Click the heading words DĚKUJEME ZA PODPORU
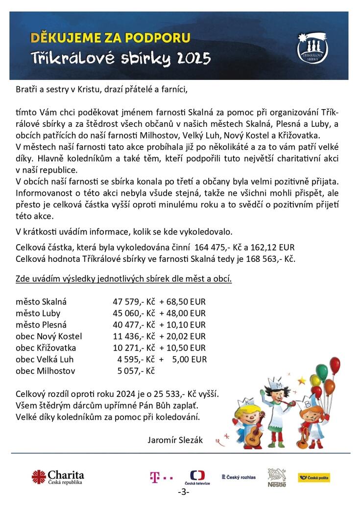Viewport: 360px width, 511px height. click(110, 37)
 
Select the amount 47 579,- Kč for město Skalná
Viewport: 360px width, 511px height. click(134, 302)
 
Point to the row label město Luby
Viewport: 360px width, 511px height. click(38, 313)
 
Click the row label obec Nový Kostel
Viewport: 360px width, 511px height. click(49, 336)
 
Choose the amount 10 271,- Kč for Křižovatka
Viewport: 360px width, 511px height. click(134, 348)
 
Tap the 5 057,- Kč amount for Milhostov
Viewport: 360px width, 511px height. click(136, 371)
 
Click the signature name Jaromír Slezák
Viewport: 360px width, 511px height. click(175, 440)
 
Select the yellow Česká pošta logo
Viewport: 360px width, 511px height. click(314, 477)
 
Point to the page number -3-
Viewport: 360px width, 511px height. click(184, 492)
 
